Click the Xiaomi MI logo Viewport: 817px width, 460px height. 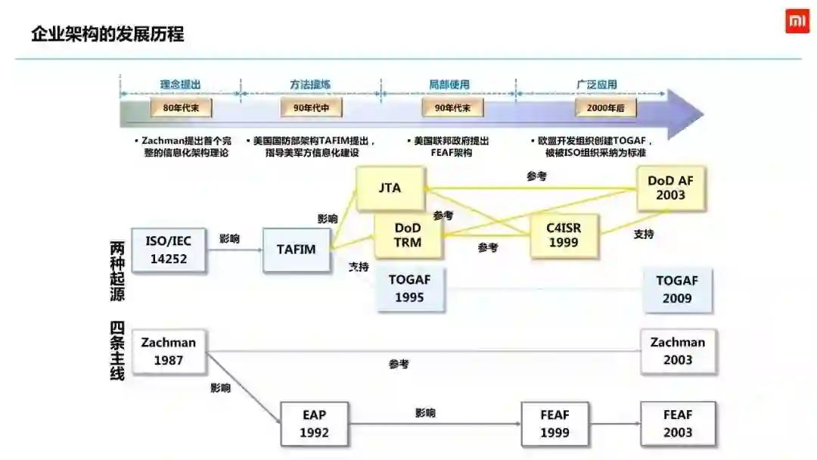click(x=797, y=22)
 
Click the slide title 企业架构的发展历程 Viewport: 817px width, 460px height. click(x=107, y=34)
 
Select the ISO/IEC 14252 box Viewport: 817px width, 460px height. click(x=168, y=250)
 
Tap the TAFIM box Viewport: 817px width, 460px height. click(x=297, y=250)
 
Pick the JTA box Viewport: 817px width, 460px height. click(x=390, y=188)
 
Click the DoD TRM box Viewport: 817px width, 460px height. click(x=408, y=235)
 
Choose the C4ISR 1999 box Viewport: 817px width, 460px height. click(x=563, y=235)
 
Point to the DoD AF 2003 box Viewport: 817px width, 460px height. click(x=670, y=188)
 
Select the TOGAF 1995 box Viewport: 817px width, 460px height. click(x=410, y=288)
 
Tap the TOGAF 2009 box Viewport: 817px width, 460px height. click(x=677, y=289)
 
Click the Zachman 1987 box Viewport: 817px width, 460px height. click(x=168, y=351)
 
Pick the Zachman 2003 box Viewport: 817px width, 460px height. click(x=677, y=351)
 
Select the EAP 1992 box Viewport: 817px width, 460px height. click(x=314, y=424)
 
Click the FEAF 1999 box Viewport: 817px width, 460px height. click(x=555, y=424)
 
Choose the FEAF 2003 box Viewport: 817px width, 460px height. click(x=677, y=424)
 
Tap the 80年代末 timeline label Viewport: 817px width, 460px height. click(x=181, y=108)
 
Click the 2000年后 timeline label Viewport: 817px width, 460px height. click(x=605, y=108)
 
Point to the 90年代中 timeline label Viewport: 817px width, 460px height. click(x=312, y=108)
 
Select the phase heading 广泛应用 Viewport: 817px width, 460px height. click(x=596, y=85)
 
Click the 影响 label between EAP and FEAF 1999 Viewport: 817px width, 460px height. click(x=425, y=413)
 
